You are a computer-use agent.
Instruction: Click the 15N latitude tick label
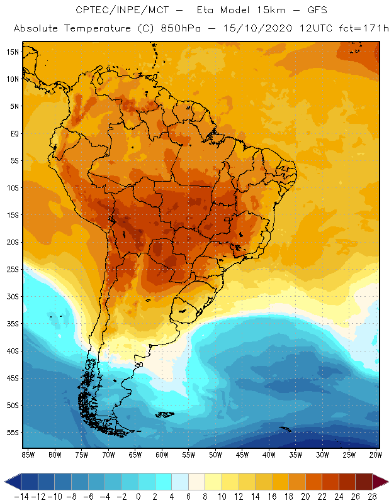(12, 52)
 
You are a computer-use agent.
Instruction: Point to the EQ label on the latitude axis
(13, 133)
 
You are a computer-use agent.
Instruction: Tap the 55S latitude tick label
(12, 433)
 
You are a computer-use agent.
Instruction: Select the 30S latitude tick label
(12, 297)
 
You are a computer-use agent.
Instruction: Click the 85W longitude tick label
(28, 455)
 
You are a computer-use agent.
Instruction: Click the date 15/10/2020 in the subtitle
(243, 28)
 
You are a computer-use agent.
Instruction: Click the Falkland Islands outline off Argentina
(166, 414)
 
